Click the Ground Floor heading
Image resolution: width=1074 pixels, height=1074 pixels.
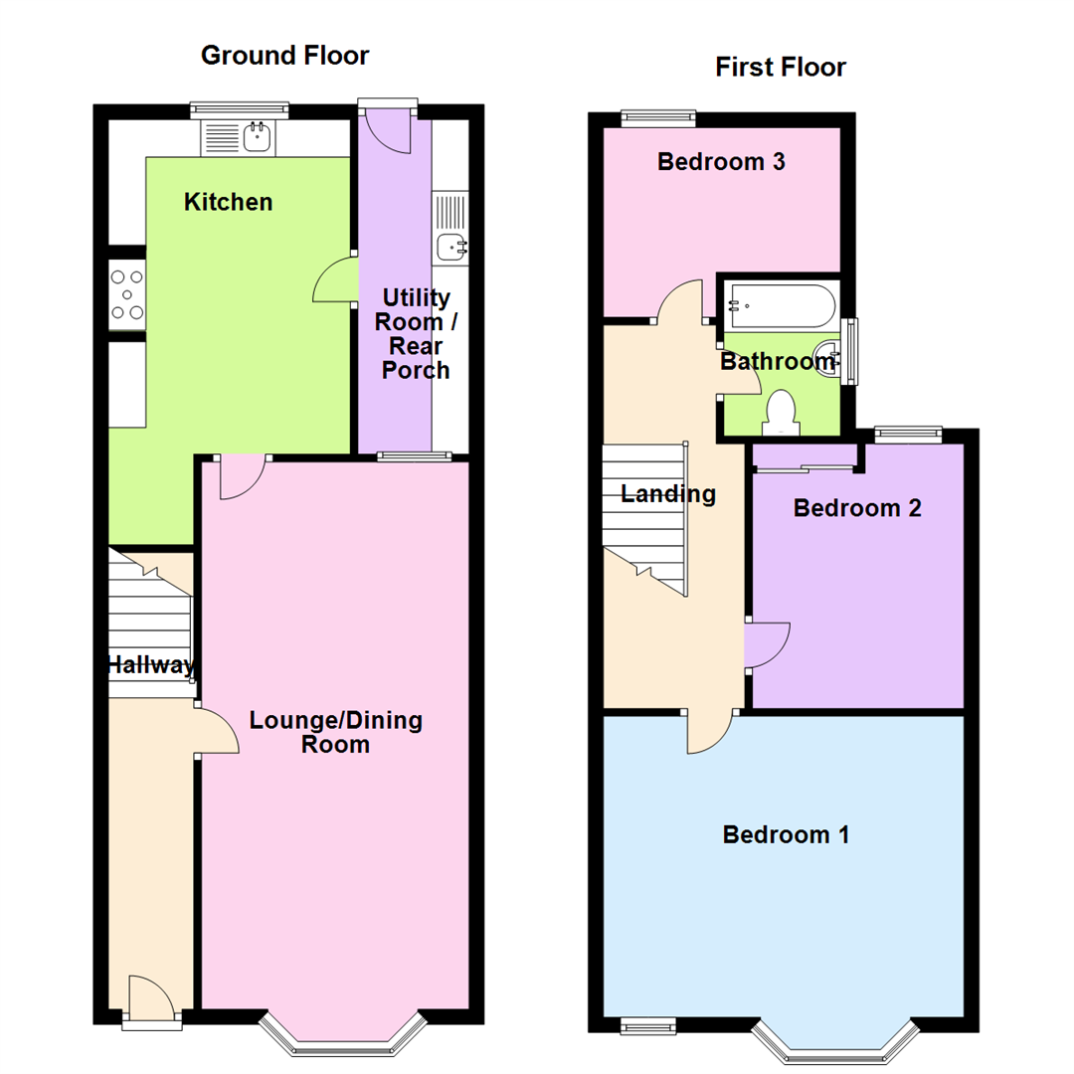pos(284,55)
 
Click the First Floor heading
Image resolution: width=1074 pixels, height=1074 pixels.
pos(781,68)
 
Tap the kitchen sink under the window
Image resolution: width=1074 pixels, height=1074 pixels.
pos(258,136)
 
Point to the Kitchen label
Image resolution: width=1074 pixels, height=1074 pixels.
pos(228,203)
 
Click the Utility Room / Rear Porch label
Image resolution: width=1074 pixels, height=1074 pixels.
pos(416,334)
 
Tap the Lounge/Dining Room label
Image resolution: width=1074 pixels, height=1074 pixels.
pos(336,732)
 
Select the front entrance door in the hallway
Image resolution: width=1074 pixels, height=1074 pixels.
pos(147,997)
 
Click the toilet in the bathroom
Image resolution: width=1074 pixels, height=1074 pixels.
pos(781,413)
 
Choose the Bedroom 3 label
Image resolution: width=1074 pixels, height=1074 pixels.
pos(721,162)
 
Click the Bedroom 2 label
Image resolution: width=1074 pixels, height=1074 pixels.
pos(856,508)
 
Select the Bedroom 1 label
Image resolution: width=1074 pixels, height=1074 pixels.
pos(786,834)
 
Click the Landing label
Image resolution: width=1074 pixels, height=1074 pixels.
pos(668,493)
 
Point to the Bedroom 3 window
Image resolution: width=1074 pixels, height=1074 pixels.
pos(658,116)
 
